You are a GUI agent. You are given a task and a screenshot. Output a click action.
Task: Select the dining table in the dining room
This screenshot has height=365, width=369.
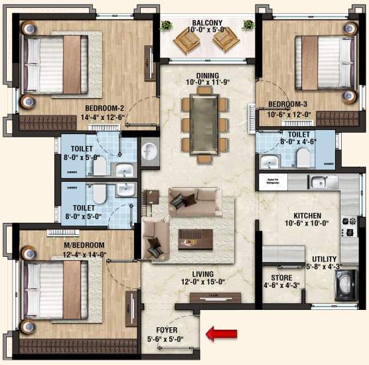pyautogui.click(x=203, y=123)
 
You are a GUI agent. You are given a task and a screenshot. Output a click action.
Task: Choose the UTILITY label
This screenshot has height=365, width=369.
pyautogui.click(x=324, y=259)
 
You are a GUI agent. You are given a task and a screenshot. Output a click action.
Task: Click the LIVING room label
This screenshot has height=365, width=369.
pyautogui.click(x=203, y=274)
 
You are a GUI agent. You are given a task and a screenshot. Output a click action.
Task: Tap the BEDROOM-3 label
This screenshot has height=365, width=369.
pyautogui.click(x=288, y=104)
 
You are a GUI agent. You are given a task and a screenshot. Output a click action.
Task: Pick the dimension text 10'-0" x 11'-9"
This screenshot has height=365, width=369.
pyautogui.click(x=203, y=84)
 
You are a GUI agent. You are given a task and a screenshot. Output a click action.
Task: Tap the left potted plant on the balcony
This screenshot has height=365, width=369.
pyautogui.click(x=166, y=25)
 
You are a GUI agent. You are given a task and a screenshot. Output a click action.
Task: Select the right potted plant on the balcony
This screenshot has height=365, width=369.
pyautogui.click(x=248, y=25)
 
